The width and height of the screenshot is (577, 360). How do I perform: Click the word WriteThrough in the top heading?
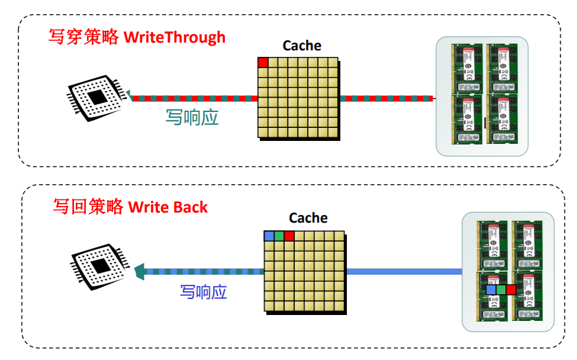[x=174, y=37]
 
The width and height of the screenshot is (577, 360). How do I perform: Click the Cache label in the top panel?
[x=302, y=46]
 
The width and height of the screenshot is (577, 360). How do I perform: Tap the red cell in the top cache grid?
[x=263, y=62]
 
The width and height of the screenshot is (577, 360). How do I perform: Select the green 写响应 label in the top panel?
[x=192, y=117]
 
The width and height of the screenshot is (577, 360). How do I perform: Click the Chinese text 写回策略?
[x=88, y=207]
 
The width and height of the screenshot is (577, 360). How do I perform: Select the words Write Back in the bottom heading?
[x=168, y=207]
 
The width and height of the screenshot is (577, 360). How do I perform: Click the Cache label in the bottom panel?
[x=308, y=218]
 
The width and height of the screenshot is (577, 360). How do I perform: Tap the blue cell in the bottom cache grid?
[x=269, y=236]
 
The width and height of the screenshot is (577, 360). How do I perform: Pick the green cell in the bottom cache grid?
[x=279, y=236]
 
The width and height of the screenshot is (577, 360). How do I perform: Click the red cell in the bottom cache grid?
[x=289, y=236]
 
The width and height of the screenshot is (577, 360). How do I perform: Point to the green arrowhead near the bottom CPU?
[x=140, y=272]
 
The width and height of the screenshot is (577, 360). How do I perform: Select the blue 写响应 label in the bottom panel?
[x=204, y=292]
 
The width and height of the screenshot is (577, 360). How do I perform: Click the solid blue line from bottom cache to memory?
[x=402, y=272]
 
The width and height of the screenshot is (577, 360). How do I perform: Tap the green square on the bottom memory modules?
[x=501, y=290]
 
